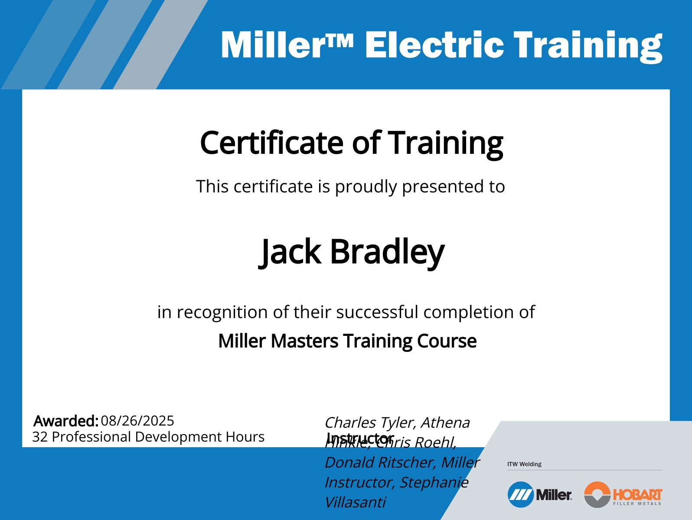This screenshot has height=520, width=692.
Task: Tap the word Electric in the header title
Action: (x=434, y=45)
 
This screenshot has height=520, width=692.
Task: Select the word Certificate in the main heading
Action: (x=271, y=143)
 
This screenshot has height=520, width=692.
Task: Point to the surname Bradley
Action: (x=387, y=252)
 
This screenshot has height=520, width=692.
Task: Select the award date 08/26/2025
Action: (x=137, y=420)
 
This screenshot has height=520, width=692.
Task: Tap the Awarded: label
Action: (x=66, y=421)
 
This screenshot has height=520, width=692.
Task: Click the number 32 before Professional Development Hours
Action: (x=40, y=437)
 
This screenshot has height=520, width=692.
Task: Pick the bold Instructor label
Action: (x=360, y=437)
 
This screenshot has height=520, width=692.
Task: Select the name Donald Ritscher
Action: (x=380, y=462)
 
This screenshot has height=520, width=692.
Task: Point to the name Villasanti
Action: (x=355, y=502)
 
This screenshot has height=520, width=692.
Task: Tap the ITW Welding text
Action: (x=524, y=464)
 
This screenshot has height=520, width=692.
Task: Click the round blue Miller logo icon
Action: (x=520, y=494)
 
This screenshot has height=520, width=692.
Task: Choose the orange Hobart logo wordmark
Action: (x=637, y=494)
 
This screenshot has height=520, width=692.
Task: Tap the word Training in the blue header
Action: (x=588, y=45)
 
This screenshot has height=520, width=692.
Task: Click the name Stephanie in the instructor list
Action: (x=434, y=482)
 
